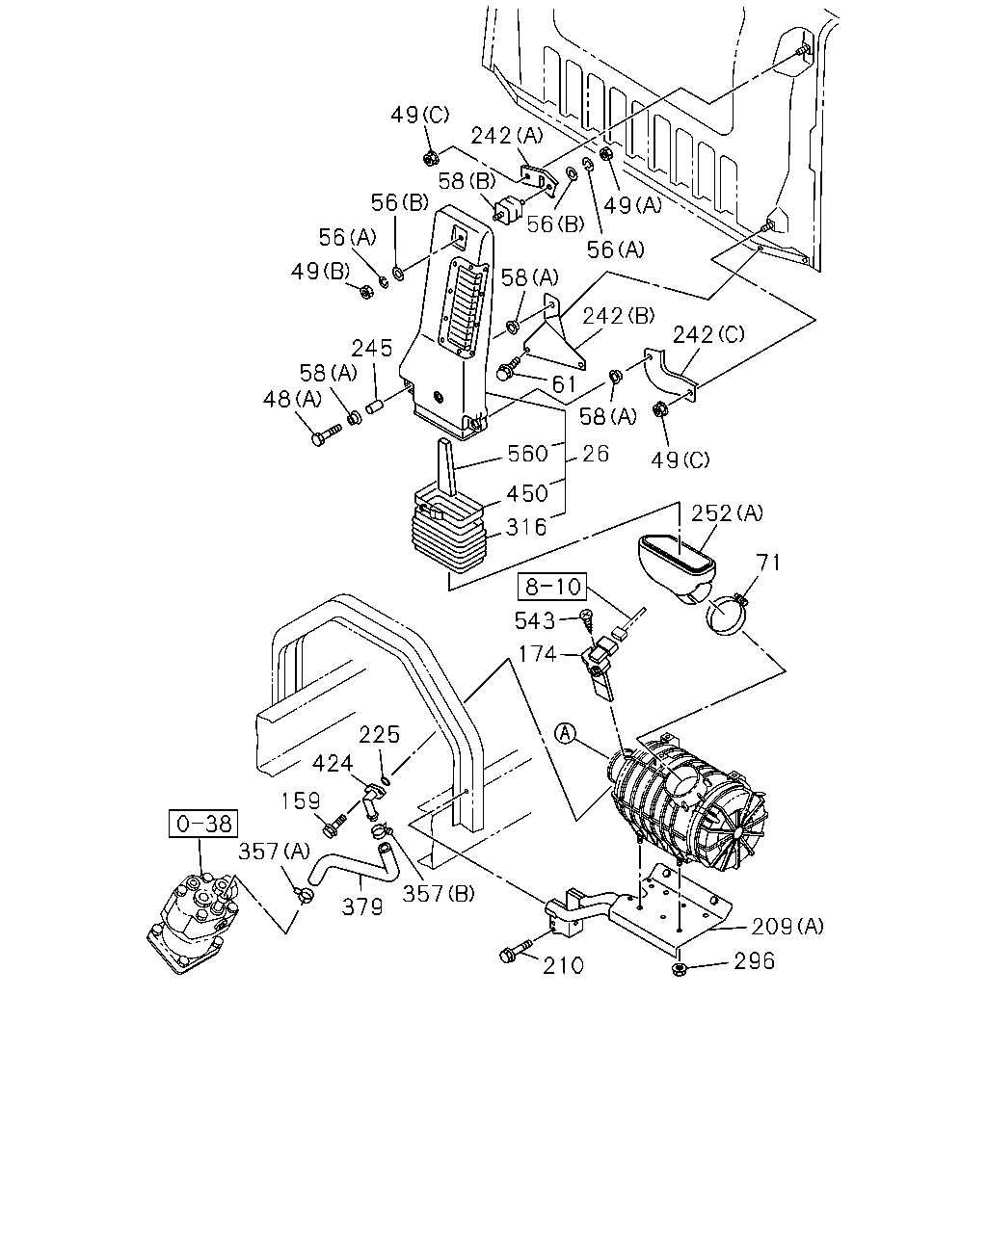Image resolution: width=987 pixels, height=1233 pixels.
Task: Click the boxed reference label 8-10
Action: [x=551, y=586]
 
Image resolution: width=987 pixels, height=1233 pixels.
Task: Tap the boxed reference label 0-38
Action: [x=203, y=824]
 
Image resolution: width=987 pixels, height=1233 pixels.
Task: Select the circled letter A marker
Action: [x=566, y=734]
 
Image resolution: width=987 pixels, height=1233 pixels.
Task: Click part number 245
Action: [x=372, y=348]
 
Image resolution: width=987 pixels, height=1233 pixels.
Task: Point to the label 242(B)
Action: [x=618, y=316]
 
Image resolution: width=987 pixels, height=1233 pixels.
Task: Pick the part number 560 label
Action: [x=527, y=453]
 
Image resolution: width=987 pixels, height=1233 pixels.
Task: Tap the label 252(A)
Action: [x=727, y=512]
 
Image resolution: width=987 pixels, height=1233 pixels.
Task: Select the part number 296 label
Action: [x=754, y=960]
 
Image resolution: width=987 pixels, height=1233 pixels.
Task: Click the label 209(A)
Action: [x=787, y=926]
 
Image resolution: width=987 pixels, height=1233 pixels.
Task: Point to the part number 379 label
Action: [x=361, y=906]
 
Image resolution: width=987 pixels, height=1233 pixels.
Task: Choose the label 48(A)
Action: [x=292, y=400]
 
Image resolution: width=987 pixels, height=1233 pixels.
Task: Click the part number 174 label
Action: [x=538, y=653]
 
